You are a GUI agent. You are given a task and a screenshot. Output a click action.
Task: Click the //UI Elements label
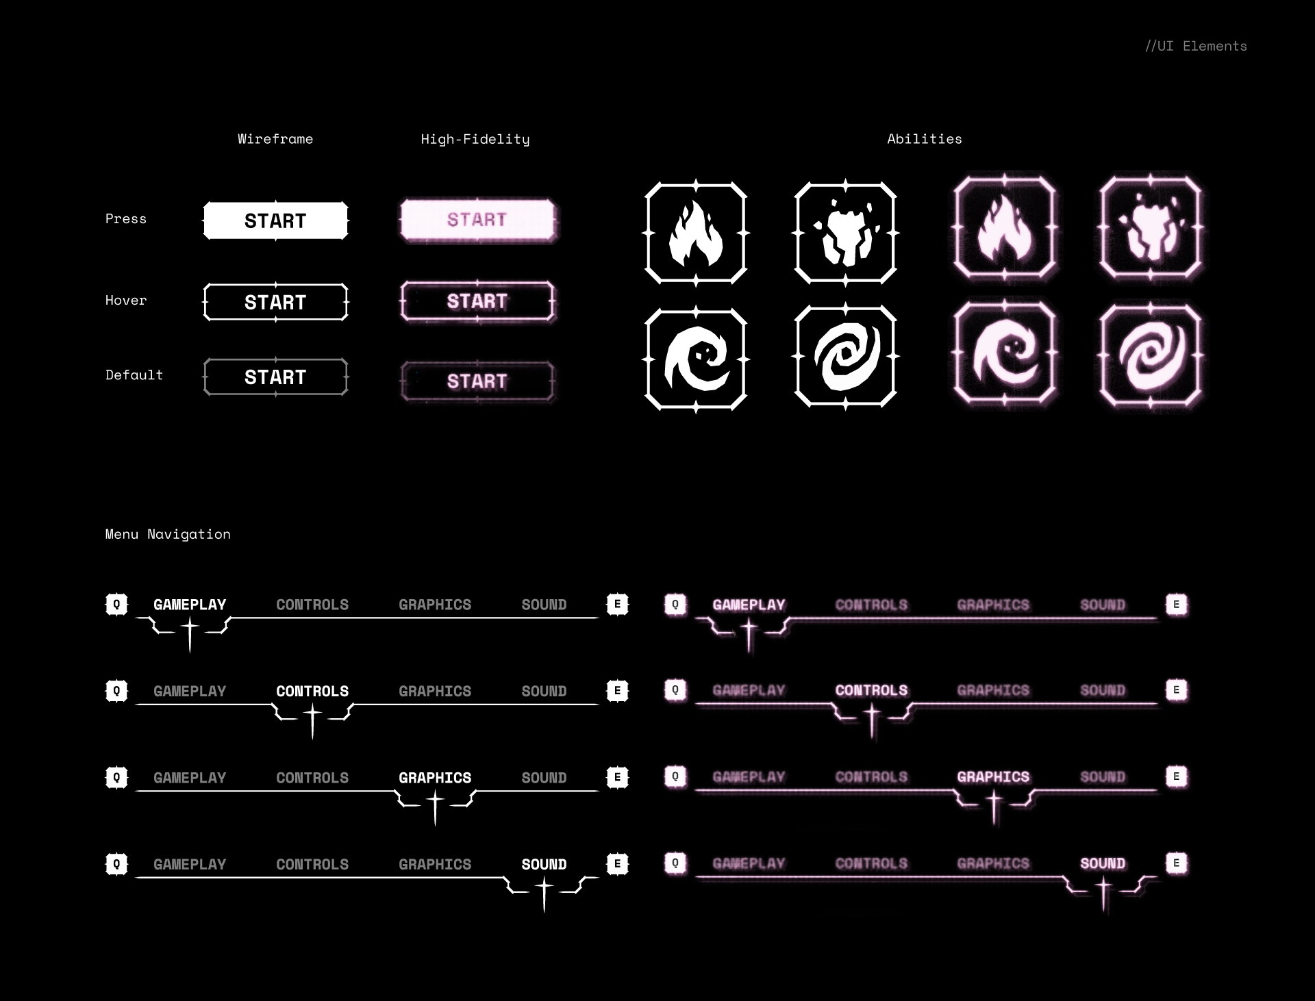point(1196,46)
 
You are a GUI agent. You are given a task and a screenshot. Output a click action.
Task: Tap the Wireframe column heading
point(275,139)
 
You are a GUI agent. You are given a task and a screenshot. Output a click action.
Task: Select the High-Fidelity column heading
point(475,140)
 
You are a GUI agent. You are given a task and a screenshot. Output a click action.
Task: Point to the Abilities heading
point(925,139)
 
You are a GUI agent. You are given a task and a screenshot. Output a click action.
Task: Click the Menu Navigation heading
point(168,534)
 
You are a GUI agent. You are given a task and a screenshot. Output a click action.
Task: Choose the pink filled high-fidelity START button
point(477,220)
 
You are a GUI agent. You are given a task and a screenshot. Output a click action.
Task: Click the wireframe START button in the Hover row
point(275,302)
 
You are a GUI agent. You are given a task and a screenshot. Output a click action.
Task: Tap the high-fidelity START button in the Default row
point(477,381)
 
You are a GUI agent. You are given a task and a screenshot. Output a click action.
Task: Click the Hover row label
point(126,301)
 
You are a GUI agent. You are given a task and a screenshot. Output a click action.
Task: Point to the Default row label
point(134,375)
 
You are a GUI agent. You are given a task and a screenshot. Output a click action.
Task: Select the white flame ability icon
point(696,233)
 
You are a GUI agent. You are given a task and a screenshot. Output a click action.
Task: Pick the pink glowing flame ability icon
point(1005,228)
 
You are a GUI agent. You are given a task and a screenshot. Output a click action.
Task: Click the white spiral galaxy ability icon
point(846,357)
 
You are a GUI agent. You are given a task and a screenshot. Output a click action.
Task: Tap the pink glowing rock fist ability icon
point(1151,228)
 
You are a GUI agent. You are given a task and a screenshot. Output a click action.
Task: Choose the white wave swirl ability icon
point(696,359)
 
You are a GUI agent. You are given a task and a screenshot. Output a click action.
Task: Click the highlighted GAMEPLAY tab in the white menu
point(190,605)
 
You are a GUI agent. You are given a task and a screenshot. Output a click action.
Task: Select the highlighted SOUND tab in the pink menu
point(1103,863)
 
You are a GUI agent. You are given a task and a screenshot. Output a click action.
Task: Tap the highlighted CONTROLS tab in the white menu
point(312,691)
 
